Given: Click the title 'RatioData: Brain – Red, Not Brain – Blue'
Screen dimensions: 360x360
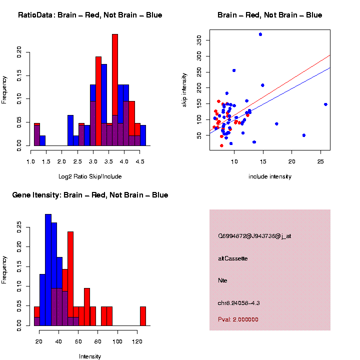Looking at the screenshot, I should click(x=90, y=15).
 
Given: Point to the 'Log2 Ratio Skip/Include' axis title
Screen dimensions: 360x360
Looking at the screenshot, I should click(x=89, y=176).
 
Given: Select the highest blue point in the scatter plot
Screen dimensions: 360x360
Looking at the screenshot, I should click(x=260, y=34).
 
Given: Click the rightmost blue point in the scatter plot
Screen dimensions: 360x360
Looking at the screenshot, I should click(x=325, y=104).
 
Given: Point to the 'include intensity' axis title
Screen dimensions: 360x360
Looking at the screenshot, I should click(x=269, y=176).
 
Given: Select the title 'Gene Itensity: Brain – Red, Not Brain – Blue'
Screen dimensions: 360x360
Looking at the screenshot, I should click(x=90, y=195).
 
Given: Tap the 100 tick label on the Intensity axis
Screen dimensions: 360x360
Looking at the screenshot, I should click(x=117, y=341).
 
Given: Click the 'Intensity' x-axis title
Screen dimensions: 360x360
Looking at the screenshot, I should click(x=90, y=356).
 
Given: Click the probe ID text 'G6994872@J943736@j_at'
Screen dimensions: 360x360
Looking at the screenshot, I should click(x=254, y=236).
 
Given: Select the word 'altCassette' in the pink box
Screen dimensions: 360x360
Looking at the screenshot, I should click(x=233, y=258).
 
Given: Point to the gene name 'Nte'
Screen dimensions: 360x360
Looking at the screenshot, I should click(x=223, y=280).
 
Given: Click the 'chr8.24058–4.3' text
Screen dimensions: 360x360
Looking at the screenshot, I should click(x=239, y=303).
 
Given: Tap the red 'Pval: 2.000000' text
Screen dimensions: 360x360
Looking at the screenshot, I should click(x=238, y=319).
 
